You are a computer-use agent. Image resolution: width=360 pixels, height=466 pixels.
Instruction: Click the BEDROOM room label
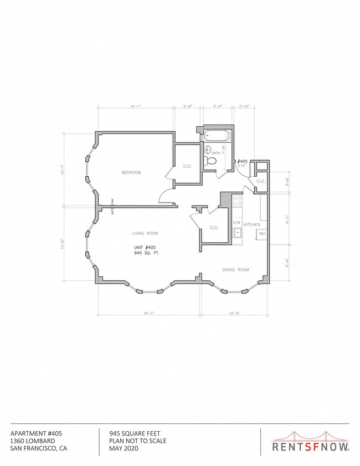(131, 172)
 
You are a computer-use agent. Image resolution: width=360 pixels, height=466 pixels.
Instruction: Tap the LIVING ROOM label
(145, 233)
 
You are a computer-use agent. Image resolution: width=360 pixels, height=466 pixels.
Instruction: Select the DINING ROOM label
(235, 270)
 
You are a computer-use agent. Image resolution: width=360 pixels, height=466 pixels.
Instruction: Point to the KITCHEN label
(252, 224)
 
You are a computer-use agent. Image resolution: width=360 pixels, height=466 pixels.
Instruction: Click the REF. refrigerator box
(263, 234)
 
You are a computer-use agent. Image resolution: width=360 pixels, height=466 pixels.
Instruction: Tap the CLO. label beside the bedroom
(187, 166)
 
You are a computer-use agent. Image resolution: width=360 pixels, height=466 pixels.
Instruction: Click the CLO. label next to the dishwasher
(213, 228)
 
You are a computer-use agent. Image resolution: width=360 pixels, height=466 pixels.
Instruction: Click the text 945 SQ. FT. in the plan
(145, 253)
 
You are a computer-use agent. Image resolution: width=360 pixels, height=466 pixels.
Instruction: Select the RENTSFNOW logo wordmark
(310, 445)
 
